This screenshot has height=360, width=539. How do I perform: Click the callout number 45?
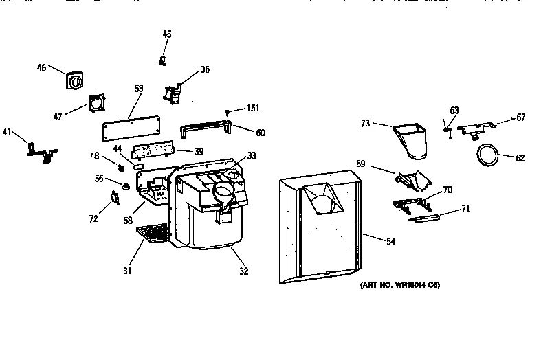167,34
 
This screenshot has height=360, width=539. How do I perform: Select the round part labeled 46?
75,81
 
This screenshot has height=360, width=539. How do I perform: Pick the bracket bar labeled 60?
205,130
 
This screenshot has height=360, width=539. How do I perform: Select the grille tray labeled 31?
153,234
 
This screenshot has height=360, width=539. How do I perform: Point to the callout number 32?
243,271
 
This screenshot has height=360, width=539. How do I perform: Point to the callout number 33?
252,156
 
